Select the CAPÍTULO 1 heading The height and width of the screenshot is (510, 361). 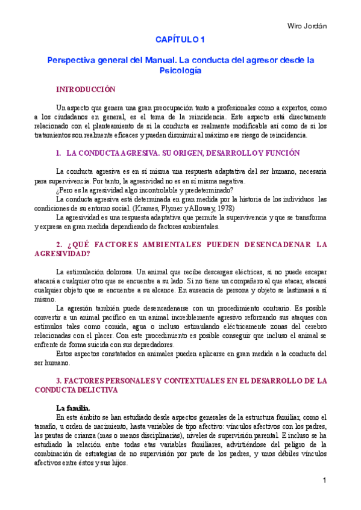pyautogui.click(x=180, y=40)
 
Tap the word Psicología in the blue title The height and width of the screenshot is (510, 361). pyautogui.click(x=180, y=70)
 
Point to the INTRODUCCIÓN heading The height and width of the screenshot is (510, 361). pyautogui.click(x=85, y=89)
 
